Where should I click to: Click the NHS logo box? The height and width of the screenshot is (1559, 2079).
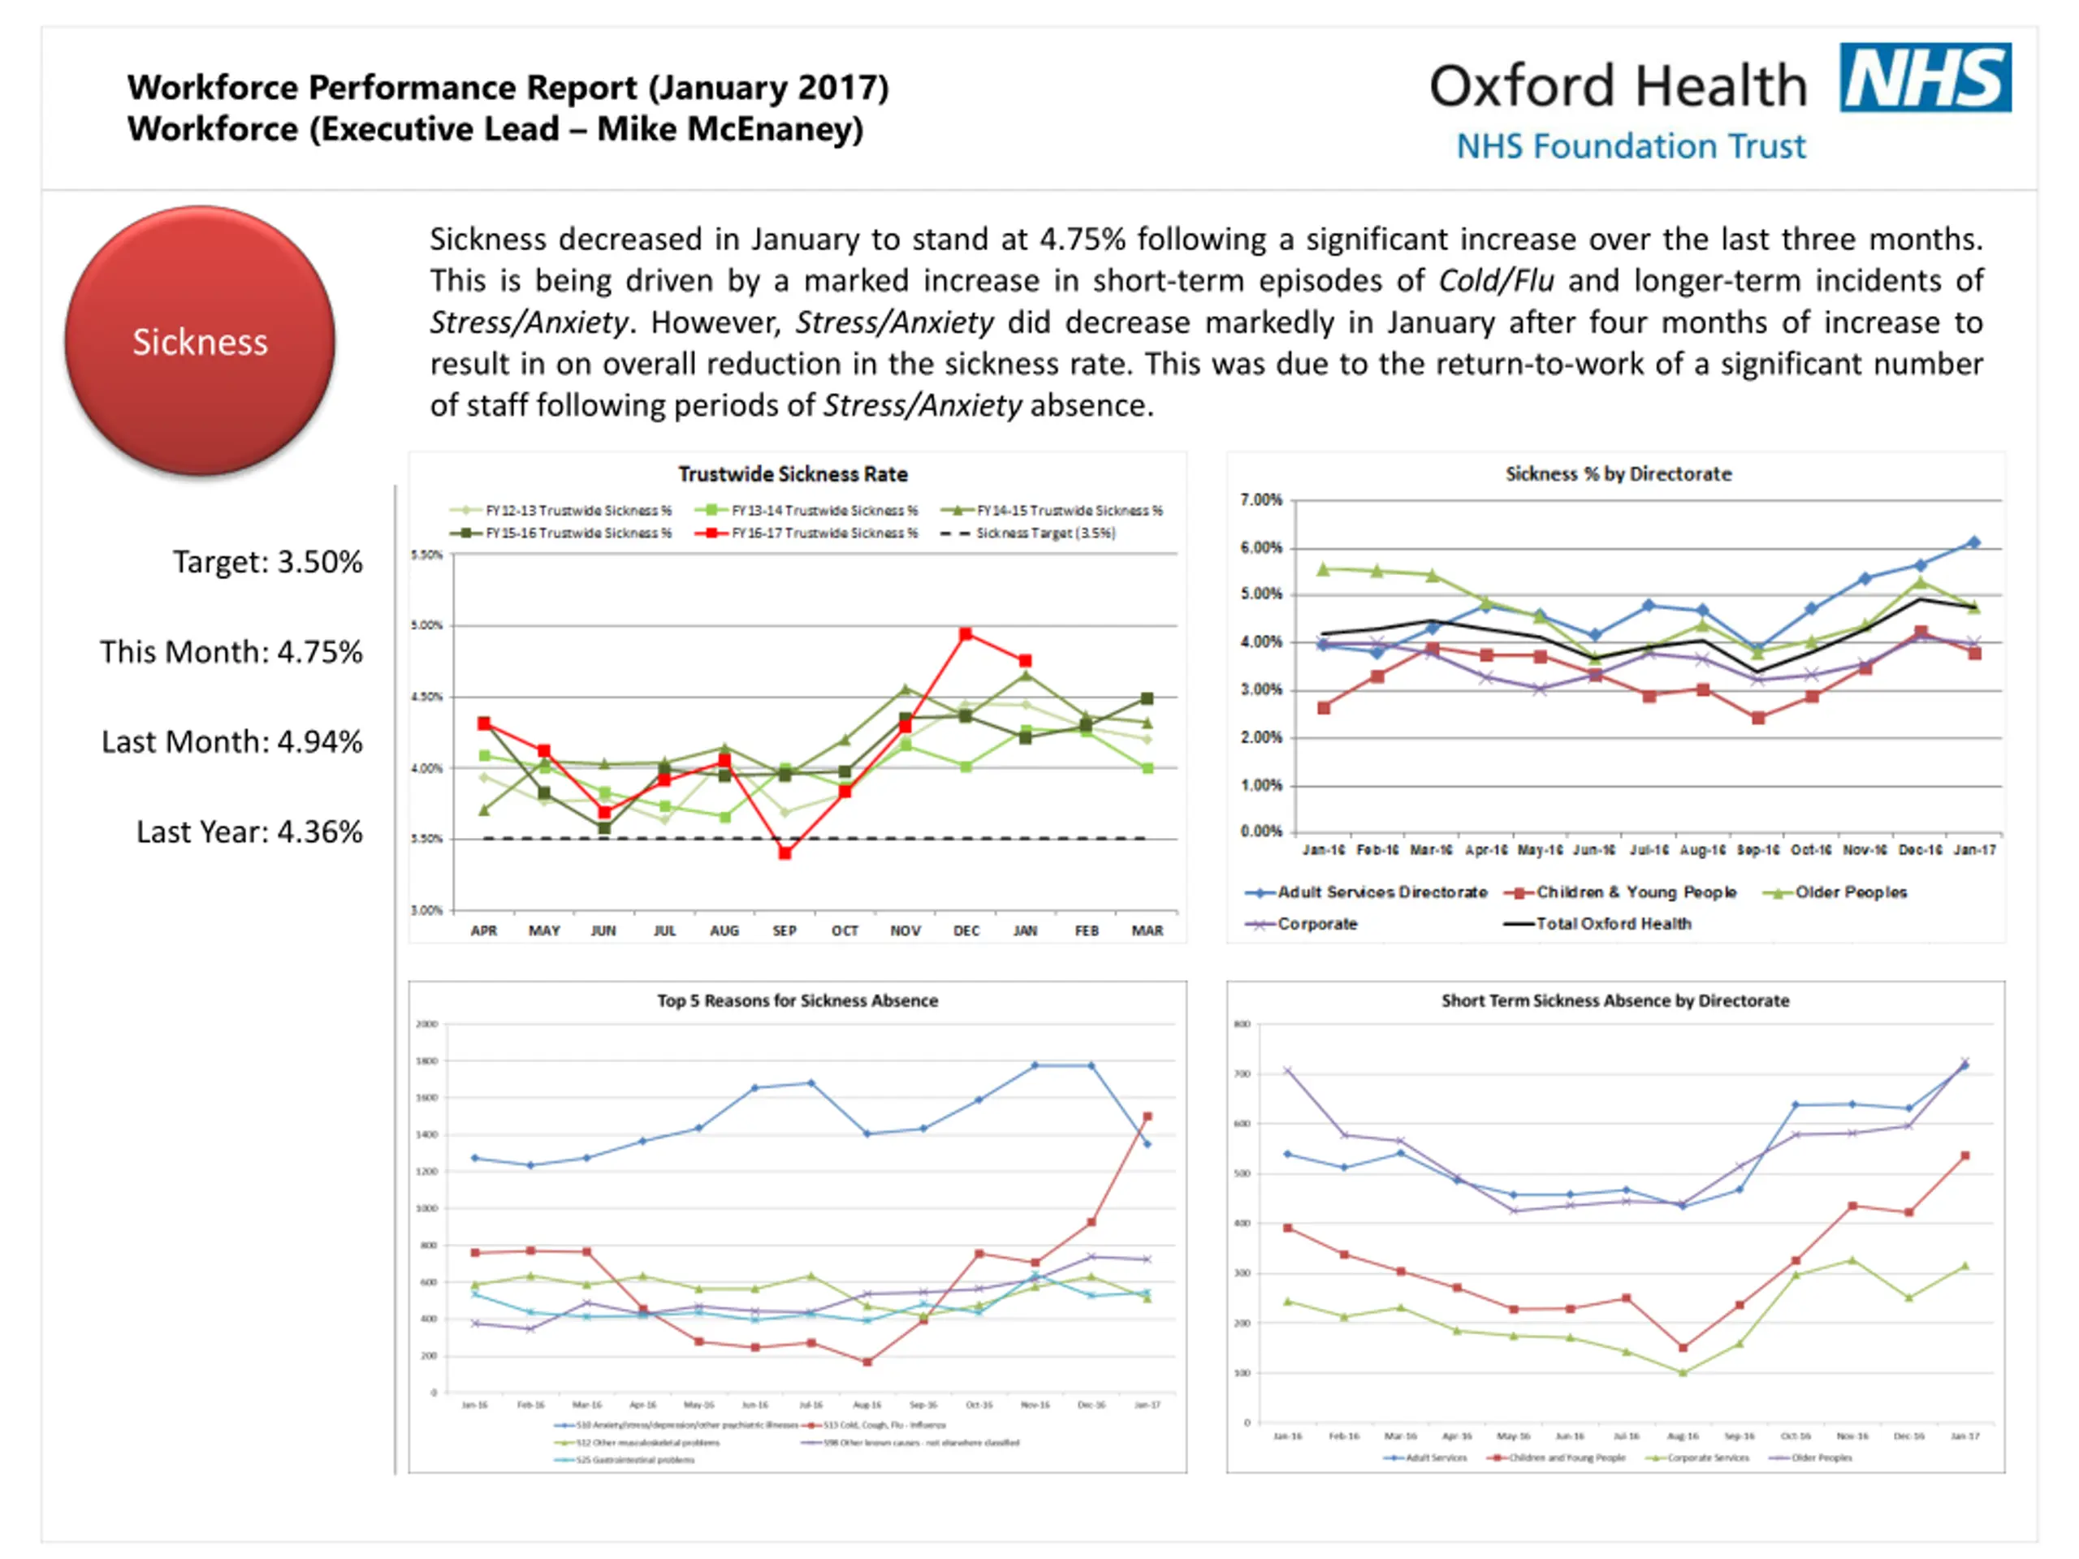point(1924,77)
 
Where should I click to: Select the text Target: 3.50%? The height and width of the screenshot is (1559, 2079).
point(267,562)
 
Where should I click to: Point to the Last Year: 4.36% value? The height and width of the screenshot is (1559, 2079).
point(249,831)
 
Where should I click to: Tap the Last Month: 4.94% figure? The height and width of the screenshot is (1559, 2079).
point(231,741)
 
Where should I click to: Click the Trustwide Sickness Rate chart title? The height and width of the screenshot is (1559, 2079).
point(793,473)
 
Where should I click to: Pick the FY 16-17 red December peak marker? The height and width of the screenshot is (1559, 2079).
point(966,634)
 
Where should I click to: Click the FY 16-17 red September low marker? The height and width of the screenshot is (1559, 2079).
point(784,853)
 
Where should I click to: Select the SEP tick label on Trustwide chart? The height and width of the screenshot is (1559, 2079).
point(784,931)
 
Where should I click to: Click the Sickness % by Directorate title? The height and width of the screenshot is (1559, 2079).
point(1618,473)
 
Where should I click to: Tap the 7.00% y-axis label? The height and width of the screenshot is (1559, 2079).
point(1261,499)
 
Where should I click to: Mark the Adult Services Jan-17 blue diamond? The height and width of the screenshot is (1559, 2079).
point(1973,542)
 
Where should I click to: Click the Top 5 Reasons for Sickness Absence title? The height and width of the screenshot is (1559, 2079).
point(797,1001)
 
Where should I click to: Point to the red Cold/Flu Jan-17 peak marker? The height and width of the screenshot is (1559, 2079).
point(1147,1116)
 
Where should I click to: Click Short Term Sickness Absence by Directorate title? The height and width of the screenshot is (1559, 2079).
point(1614,1001)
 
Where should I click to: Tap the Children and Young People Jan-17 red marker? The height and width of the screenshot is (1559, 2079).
point(1964,1156)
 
